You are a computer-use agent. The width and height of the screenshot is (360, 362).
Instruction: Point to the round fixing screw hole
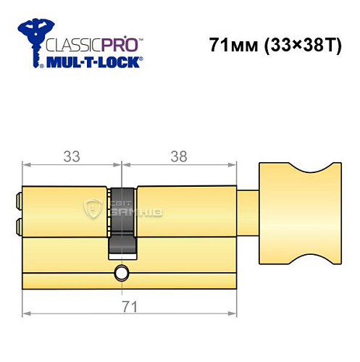pyautogui.click(x=120, y=273)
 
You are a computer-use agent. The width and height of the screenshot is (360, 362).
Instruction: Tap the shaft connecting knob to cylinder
pyautogui.click(x=248, y=211)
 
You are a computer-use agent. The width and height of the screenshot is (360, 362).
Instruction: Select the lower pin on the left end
pyautogui.click(x=18, y=227)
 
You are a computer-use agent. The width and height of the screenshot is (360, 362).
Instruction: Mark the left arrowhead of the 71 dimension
pyautogui.click(x=27, y=313)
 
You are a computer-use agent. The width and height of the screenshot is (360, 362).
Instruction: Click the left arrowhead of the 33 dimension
pyautogui.click(x=27, y=166)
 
